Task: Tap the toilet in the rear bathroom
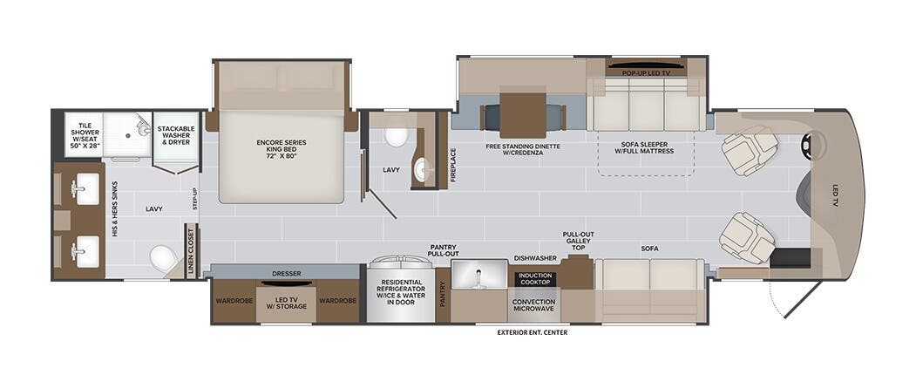tap(162, 258)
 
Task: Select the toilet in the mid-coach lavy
tap(396, 136)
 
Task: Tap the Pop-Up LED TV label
tap(645, 73)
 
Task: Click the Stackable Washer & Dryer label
tap(177, 135)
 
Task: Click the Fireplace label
tap(453, 163)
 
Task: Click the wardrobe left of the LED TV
tap(233, 301)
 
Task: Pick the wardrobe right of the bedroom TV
tap(337, 301)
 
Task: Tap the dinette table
tap(522, 111)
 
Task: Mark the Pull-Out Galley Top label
tap(579, 241)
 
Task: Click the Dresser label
tap(286, 273)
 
